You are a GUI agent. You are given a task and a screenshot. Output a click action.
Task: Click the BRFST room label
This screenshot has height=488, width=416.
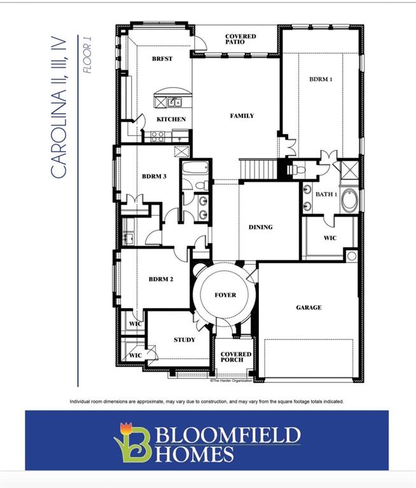(x=162, y=58)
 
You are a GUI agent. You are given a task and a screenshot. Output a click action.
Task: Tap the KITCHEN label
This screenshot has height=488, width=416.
(x=171, y=119)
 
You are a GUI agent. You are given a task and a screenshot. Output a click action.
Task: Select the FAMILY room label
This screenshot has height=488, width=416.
(x=242, y=116)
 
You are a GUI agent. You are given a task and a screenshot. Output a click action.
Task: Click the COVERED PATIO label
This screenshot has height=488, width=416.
(x=240, y=39)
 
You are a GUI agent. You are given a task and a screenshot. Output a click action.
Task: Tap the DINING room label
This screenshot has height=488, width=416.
(x=260, y=227)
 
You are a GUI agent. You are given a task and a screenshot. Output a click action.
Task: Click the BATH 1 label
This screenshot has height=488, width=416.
(x=326, y=194)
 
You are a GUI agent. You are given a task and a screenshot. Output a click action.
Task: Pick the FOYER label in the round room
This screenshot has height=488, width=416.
(x=225, y=295)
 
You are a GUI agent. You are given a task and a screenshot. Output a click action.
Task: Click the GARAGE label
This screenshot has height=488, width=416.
(x=309, y=308)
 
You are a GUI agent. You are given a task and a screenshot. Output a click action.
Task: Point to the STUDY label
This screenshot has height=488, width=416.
(x=184, y=340)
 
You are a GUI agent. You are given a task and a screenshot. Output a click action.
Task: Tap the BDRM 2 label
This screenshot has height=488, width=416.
(x=162, y=278)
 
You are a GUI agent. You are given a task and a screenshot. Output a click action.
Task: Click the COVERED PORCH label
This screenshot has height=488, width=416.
(x=236, y=358)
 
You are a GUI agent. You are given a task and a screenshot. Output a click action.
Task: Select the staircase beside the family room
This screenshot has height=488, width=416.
(x=258, y=170)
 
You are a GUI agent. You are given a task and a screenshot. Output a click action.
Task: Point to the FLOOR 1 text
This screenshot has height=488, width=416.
(x=88, y=58)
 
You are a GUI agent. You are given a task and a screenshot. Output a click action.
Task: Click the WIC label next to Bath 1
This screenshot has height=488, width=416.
(x=329, y=238)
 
